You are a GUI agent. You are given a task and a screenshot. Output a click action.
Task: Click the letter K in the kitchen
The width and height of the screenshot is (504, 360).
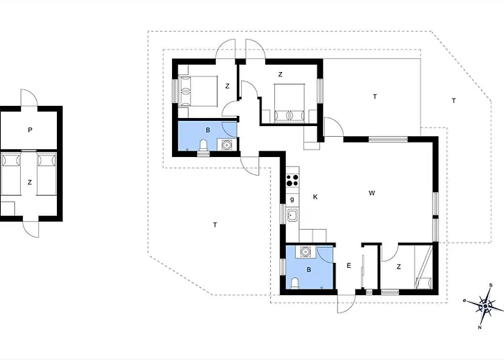pyautogui.click(x=315, y=197)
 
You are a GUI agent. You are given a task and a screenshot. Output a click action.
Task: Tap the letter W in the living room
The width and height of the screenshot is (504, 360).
pyautogui.click(x=372, y=193)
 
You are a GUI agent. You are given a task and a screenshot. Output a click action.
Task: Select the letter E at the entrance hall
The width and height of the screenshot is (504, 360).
pyautogui.click(x=348, y=266)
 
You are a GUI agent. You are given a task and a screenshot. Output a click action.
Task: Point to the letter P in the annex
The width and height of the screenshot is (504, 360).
pyautogui.click(x=30, y=130)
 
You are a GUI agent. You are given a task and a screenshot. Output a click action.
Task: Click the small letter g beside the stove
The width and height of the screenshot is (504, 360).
pyautogui.click(x=292, y=199)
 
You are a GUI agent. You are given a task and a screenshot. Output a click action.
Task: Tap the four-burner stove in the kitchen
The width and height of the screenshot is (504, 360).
pyautogui.click(x=292, y=180)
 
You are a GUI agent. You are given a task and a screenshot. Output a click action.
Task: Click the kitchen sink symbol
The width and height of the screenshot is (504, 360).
pyautogui.click(x=292, y=215)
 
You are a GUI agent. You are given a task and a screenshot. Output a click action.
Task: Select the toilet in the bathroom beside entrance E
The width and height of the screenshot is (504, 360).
pyautogui.click(x=294, y=283)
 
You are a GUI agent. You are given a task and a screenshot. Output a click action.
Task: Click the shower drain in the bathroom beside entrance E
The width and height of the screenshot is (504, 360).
pyautogui.click(x=322, y=288)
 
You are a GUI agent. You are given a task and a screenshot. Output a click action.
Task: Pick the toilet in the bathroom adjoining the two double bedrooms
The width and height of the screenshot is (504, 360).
pyautogui.click(x=204, y=145)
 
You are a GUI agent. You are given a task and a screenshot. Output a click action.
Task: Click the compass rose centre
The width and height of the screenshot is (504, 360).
pyautogui.click(x=485, y=306)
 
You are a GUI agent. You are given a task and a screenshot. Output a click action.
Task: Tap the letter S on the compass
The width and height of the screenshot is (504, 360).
pyautogui.click(x=491, y=285)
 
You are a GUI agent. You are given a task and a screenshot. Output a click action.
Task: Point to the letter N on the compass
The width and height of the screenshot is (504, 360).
pyautogui.click(x=480, y=328)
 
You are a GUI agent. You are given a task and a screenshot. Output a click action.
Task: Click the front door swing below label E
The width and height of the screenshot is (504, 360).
pyautogui.click(x=346, y=303)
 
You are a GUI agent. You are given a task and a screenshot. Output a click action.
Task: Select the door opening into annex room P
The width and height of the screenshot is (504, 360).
pyautogui.click(x=30, y=97)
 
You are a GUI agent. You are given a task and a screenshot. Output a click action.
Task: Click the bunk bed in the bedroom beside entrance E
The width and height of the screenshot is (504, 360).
pyautogui.click(x=423, y=267)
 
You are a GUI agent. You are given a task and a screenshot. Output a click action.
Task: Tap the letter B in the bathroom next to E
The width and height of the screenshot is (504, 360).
pyautogui.click(x=309, y=270)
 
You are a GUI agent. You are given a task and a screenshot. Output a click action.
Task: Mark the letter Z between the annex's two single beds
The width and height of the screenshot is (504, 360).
pyautogui.click(x=30, y=182)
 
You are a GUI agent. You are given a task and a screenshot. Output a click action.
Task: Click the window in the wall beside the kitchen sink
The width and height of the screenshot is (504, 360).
pyautogui.click(x=282, y=214)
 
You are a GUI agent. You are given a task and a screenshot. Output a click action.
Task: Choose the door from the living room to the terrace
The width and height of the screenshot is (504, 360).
pyautogui.click(x=333, y=127)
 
